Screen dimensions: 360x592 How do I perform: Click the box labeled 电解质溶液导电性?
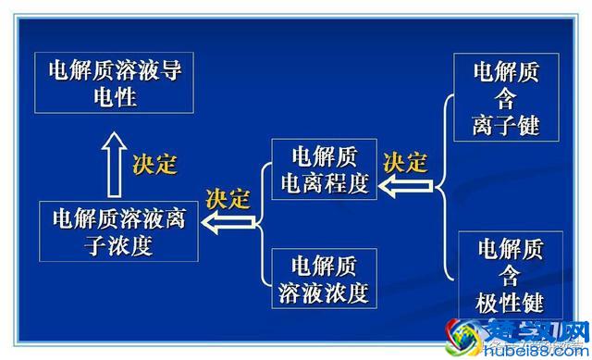click(115, 83)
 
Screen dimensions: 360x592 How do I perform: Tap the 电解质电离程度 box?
click(324, 169)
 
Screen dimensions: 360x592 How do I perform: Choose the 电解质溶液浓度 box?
click(324, 279)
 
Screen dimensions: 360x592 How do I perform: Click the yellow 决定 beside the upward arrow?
click(154, 165)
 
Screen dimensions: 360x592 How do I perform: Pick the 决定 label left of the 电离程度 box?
click(228, 198)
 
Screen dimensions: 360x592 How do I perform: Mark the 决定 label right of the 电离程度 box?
click(405, 162)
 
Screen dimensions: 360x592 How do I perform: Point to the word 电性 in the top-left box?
click(115, 96)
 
